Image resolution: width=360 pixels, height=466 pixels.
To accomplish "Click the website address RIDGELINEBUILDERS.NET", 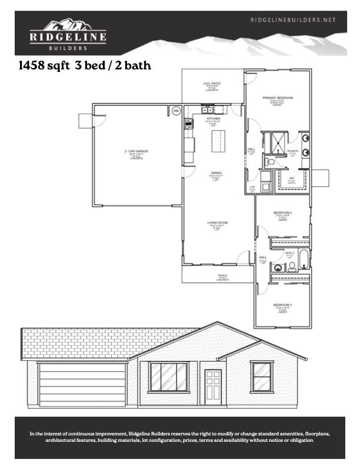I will click(x=293, y=19).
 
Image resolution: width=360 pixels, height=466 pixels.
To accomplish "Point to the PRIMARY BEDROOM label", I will click(x=278, y=98).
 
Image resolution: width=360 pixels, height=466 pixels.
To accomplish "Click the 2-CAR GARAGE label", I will click(x=136, y=151).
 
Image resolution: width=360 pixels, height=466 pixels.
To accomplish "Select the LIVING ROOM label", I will click(x=216, y=222).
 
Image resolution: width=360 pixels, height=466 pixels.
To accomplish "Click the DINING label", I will click(x=215, y=173).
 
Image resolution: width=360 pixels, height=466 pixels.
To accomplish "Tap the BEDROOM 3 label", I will click(x=282, y=305).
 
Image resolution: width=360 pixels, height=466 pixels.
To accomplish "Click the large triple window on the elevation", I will click(x=168, y=377).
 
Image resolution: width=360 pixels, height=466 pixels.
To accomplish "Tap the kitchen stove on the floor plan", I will click(x=189, y=124).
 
